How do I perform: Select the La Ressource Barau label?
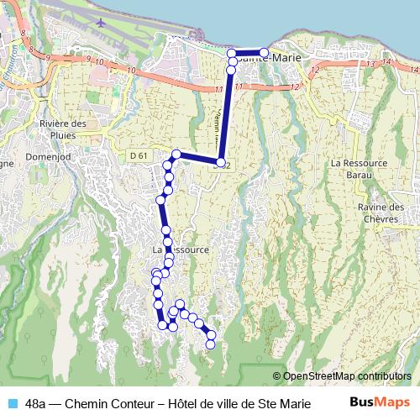point(358,168)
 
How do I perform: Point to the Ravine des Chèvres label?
point(381,213)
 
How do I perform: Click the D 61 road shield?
point(139,155)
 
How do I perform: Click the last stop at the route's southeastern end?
point(211,344)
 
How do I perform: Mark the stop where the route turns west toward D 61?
point(221,163)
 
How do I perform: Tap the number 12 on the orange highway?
point(295,87)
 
